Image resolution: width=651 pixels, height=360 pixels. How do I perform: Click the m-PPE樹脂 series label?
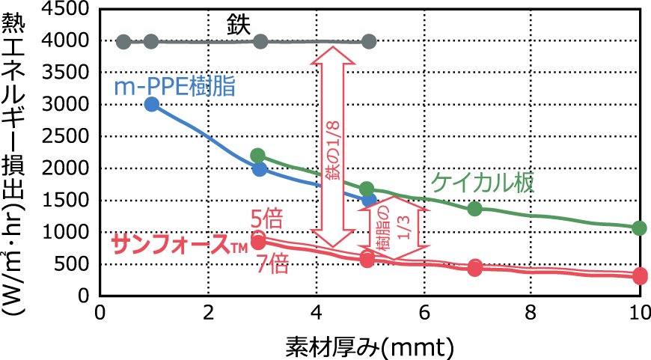174,86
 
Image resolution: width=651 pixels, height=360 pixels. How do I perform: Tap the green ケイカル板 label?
483,183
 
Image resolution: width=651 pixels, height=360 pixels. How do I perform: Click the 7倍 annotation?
272,264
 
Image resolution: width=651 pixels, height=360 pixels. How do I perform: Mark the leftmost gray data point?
123,41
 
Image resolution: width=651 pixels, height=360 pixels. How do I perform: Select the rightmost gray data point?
368,41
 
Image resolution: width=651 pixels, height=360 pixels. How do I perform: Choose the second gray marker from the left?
150,41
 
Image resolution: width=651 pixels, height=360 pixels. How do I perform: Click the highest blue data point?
151,104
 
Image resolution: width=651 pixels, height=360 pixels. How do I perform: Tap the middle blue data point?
259,169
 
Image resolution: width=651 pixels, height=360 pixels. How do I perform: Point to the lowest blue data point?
369,200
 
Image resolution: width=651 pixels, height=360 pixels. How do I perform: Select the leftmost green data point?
258,155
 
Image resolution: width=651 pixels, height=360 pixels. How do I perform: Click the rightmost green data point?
639,228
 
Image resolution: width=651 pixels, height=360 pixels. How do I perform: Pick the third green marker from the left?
474,209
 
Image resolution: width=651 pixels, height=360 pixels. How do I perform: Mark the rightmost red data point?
640,275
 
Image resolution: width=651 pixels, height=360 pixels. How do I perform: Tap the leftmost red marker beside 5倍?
258,240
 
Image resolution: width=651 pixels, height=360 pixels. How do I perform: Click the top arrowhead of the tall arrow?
331,52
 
